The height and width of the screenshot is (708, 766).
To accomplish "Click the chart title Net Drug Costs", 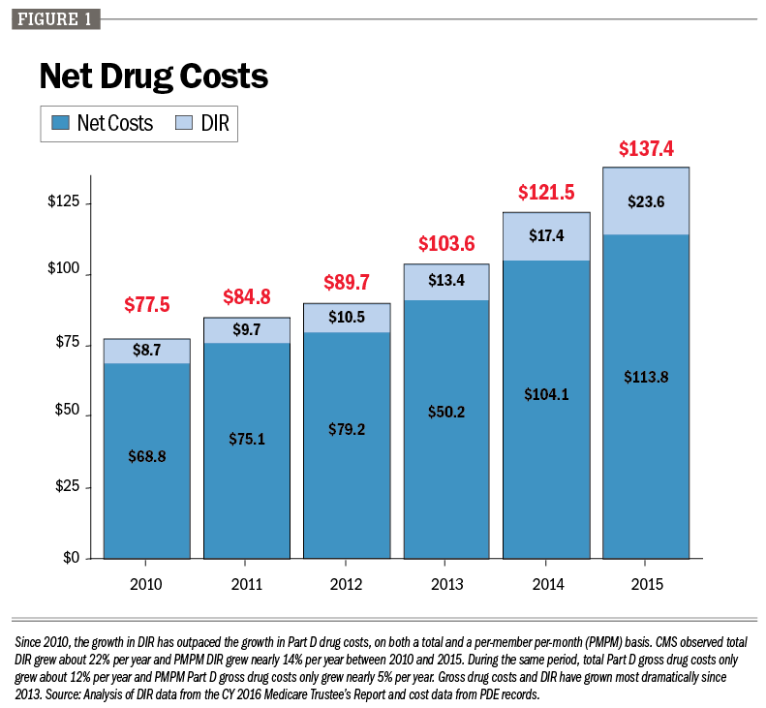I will [152, 77].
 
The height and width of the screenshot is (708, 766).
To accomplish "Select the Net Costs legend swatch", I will [61, 123].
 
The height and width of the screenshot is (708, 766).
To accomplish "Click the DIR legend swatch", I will [183, 123].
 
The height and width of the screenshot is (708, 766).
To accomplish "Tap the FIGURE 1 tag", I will [54, 18].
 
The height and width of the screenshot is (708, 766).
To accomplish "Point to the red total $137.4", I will [646, 149].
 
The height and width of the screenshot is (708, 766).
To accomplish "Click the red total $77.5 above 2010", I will [147, 305].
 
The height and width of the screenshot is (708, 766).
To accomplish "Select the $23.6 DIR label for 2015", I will [646, 202].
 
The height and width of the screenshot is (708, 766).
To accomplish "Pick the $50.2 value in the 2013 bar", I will [446, 412].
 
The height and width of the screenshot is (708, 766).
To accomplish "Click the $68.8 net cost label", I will [147, 456].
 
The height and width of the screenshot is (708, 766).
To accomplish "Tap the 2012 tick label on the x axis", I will [346, 584].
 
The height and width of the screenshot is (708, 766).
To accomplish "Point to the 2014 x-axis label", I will [546, 584].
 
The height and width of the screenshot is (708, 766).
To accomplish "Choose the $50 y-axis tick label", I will [67, 416].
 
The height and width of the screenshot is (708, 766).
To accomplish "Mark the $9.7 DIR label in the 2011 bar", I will [247, 330].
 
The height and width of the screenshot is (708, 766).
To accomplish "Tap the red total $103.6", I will [446, 244].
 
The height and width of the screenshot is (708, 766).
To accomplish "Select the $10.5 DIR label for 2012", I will [346, 318].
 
